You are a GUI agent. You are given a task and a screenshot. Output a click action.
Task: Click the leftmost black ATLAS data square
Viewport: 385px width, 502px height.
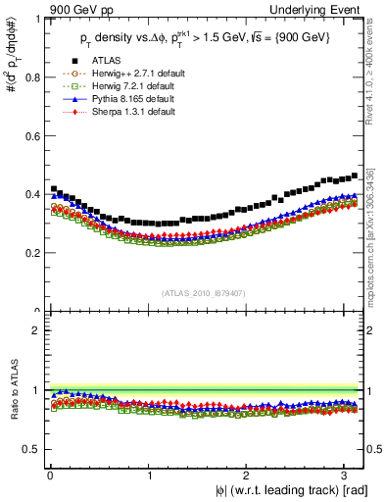point(53,188)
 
